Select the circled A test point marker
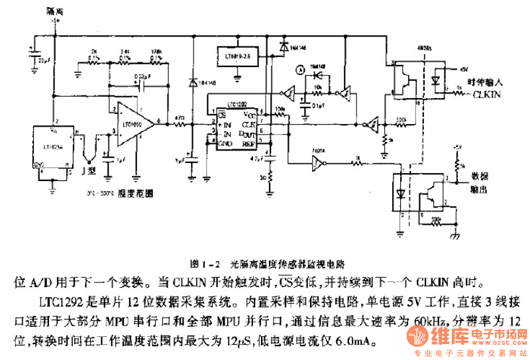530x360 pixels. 299,69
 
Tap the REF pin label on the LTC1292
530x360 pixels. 248,141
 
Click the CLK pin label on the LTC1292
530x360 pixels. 248,123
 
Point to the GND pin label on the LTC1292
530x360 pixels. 225,142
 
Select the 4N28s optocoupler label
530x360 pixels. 421,49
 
